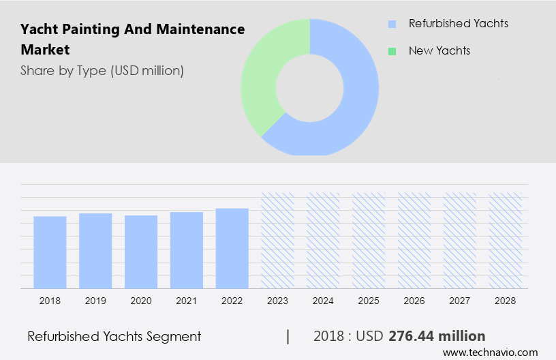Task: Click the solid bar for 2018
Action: tap(50, 252)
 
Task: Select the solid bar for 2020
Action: tap(141, 252)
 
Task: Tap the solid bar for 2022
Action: tap(232, 248)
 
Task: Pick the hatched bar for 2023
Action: tap(278, 240)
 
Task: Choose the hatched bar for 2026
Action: tap(415, 240)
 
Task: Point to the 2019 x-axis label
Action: tap(95, 300)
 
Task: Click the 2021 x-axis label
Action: tap(187, 300)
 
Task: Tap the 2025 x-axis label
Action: tap(369, 300)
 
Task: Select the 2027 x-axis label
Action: tap(461, 300)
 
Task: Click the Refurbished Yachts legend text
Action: tap(458, 24)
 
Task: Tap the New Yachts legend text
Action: tap(439, 50)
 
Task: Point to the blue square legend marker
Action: tap(392, 25)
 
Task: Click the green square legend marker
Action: tap(392, 51)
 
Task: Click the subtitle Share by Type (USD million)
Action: tap(102, 70)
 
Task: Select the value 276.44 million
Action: tap(437, 336)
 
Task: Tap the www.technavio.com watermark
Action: tap(490, 352)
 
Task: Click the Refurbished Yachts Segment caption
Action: tap(114, 336)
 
